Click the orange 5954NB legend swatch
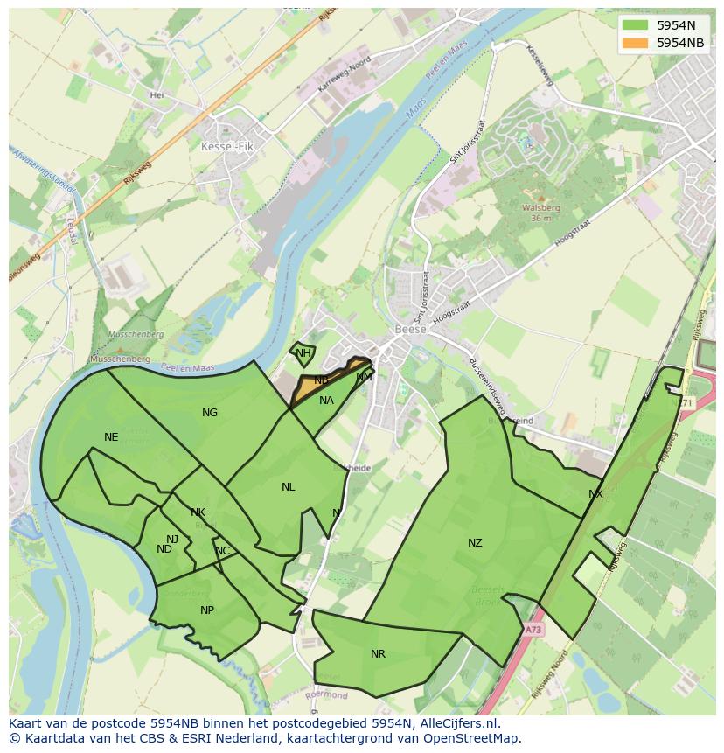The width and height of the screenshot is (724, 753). click(636, 43)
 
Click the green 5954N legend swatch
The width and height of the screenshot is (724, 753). click(636, 25)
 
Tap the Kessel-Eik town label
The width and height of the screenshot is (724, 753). click(226, 147)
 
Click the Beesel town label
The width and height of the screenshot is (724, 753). click(410, 329)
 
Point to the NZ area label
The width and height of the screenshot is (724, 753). click(475, 543)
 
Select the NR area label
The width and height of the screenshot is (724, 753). click(378, 654)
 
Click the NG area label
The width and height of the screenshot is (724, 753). click(210, 413)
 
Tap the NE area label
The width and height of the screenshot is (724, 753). click(111, 437)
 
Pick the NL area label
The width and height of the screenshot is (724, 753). click(288, 487)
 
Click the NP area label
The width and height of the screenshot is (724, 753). click(207, 610)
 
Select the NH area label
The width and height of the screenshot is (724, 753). click(303, 353)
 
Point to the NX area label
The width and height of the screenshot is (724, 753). click(595, 494)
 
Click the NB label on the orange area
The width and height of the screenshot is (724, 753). click(321, 380)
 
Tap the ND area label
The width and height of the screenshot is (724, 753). click(164, 549)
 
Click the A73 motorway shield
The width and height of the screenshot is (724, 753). click(533, 629)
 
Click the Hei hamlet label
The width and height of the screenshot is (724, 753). click(157, 94)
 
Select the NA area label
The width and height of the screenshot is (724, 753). click(326, 401)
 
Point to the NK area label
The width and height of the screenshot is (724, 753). click(198, 512)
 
